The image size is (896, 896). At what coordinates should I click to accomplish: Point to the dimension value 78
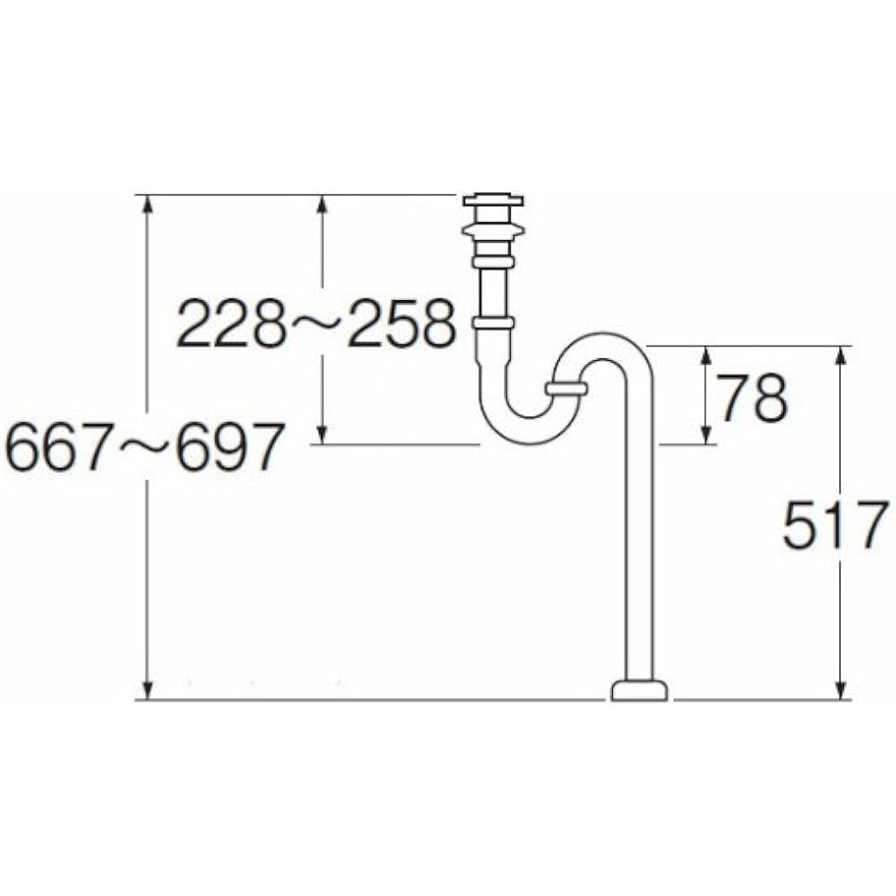pyautogui.click(x=752, y=398)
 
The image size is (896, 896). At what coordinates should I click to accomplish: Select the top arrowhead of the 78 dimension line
pyautogui.click(x=706, y=357)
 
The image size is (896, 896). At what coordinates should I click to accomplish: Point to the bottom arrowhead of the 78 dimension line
pyautogui.click(x=706, y=434)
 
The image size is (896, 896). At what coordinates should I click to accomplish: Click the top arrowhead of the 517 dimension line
pyautogui.click(x=840, y=357)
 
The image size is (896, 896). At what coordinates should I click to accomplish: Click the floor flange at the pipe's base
pyautogui.click(x=640, y=691)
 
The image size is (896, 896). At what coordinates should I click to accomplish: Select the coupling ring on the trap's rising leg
pyautogui.click(x=566, y=389)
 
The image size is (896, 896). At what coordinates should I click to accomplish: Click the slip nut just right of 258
pyautogui.click(x=493, y=323)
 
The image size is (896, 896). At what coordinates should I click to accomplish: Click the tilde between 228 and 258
pyautogui.click(x=316, y=324)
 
